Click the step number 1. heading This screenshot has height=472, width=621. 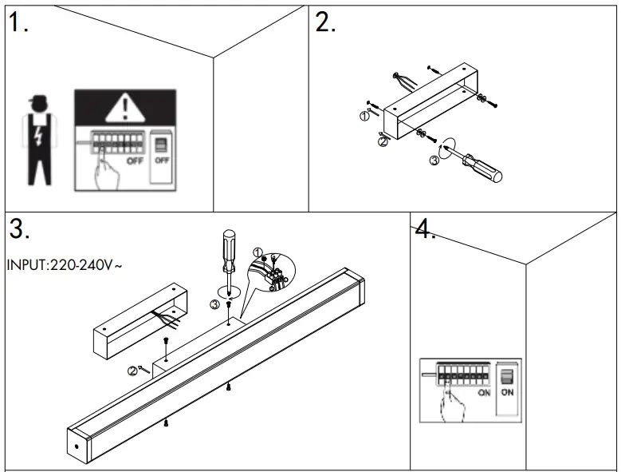click(20, 23)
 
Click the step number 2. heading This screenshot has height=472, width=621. click(326, 23)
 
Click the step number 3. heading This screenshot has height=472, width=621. click(20, 229)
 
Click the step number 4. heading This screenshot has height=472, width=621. click(425, 230)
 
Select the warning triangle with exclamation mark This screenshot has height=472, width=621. click(124, 105)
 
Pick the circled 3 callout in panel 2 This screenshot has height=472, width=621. click(434, 161)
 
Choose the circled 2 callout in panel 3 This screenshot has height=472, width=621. click(131, 370)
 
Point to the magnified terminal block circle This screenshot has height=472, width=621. click(272, 276)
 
